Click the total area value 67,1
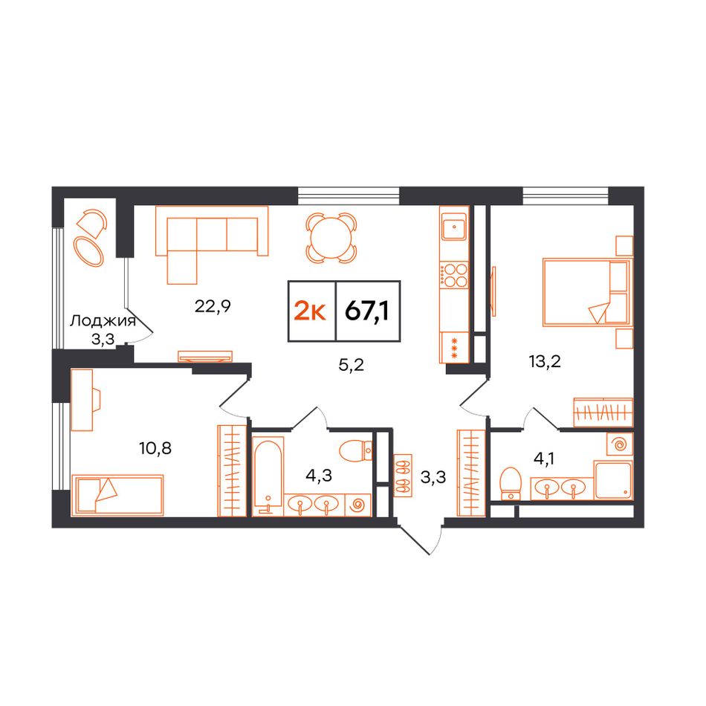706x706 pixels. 367,311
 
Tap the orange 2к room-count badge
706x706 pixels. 310,311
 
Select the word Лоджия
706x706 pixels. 103,321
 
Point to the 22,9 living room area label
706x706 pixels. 213,306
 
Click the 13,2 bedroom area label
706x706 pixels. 545,361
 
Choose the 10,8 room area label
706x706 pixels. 155,448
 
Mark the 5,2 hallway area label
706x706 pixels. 352,365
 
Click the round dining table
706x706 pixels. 331,238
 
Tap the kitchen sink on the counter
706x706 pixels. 454,227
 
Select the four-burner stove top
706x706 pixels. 454,276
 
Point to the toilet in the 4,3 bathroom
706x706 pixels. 356,450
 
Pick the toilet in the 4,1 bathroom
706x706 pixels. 510,484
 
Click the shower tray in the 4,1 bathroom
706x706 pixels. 613,479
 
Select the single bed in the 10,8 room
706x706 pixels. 118,494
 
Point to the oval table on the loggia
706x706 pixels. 88,251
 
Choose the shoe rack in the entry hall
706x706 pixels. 403,475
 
